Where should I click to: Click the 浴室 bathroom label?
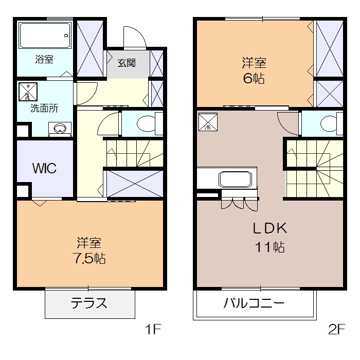click(x=44, y=59)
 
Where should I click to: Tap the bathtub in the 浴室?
click(x=44, y=36)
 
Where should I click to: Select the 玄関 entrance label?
click(x=127, y=63)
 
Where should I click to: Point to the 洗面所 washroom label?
click(x=44, y=108)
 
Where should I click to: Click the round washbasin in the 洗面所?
click(x=60, y=128)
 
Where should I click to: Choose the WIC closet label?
click(x=44, y=168)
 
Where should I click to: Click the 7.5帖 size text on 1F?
click(x=88, y=258)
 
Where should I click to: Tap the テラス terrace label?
click(x=89, y=303)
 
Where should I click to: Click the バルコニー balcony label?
click(x=254, y=303)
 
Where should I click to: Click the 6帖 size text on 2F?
click(x=254, y=80)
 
